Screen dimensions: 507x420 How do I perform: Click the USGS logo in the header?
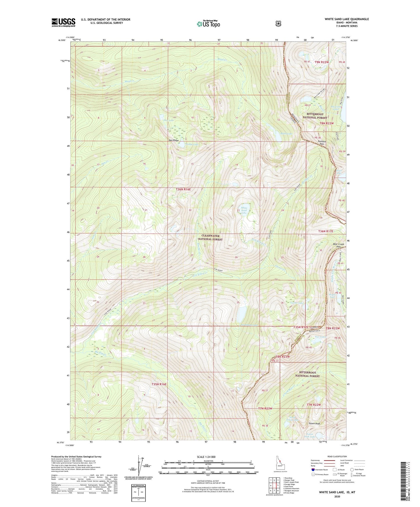[63, 22]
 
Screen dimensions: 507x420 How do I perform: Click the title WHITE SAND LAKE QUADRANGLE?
[347, 19]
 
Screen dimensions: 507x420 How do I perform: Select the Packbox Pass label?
[321, 143]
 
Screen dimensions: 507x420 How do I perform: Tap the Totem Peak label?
[314, 424]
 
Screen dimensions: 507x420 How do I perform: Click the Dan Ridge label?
[174, 140]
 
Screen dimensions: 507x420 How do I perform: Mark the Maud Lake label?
[286, 134]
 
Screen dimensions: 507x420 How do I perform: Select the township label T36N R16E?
[183, 189]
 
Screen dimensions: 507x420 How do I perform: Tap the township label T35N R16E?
[159, 384]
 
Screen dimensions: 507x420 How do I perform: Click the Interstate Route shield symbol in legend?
[313, 470]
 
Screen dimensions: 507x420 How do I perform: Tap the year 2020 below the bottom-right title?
[337, 497]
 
